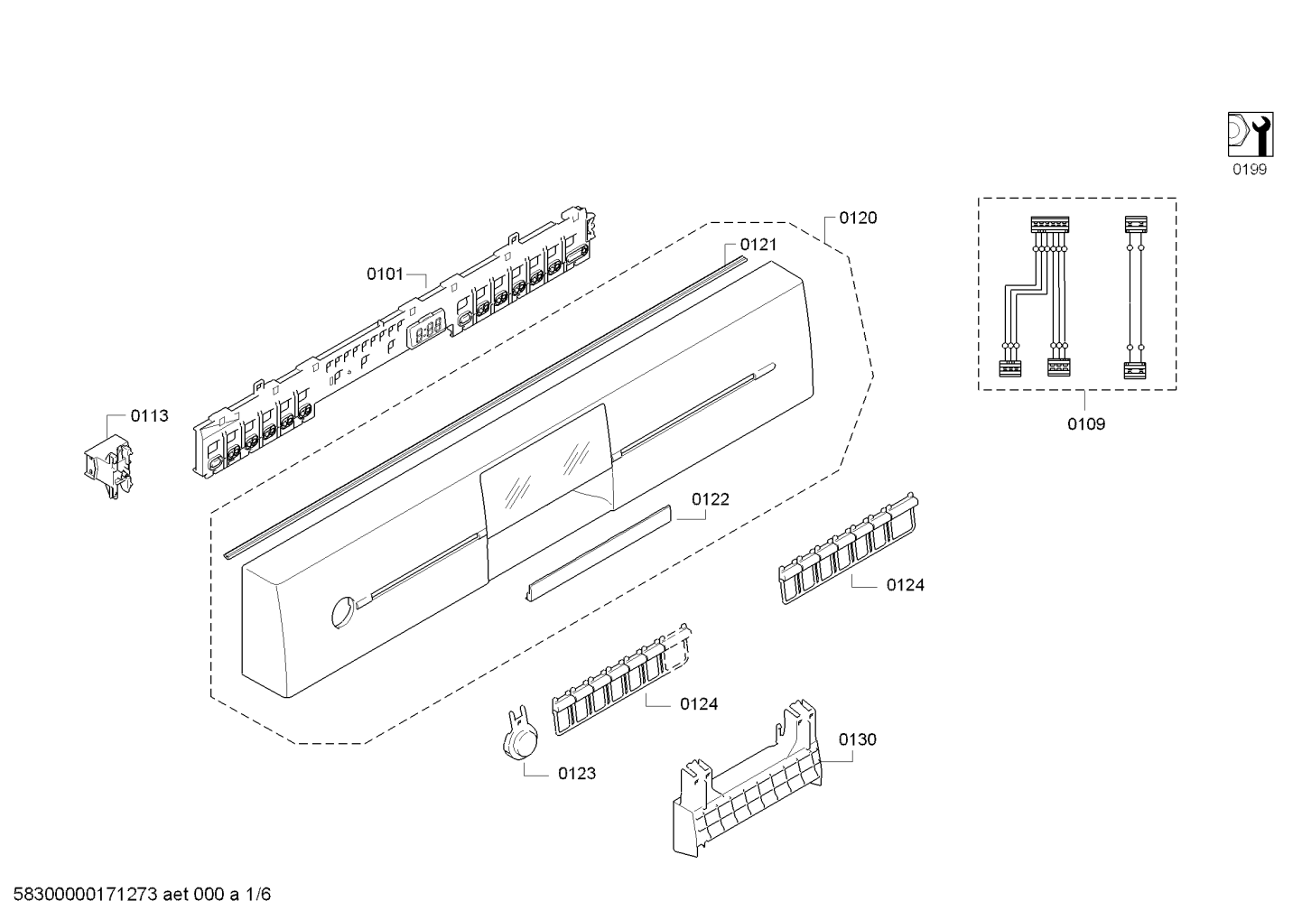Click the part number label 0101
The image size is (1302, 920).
click(x=385, y=274)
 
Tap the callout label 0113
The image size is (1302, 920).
click(x=149, y=416)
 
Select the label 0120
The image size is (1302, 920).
click(x=858, y=218)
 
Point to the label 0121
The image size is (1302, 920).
click(x=758, y=245)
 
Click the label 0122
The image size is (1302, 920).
click(x=711, y=499)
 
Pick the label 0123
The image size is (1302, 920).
click(x=577, y=774)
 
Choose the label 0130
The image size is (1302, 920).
click(x=857, y=739)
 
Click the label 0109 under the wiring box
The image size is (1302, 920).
click(x=1086, y=423)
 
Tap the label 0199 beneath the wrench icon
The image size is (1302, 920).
click(x=1251, y=170)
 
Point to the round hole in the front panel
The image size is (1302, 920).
click(x=341, y=611)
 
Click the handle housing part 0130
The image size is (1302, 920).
click(x=749, y=785)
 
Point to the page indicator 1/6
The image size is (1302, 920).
click(x=258, y=895)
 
